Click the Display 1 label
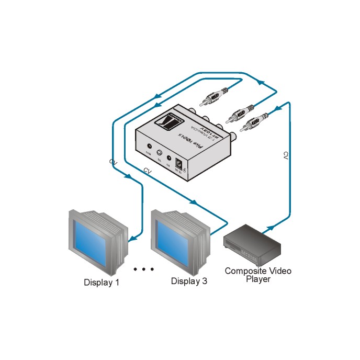102,283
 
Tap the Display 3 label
189,282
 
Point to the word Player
258,279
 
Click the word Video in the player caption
279,271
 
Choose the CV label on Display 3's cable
148,171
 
